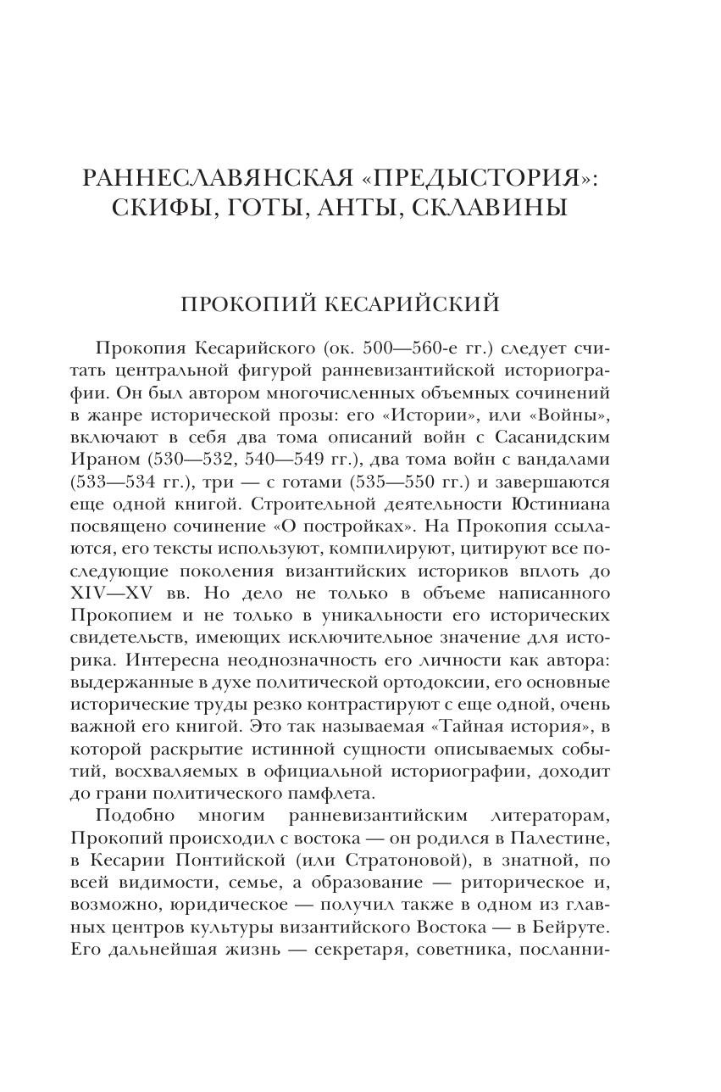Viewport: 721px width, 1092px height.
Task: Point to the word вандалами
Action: click(559, 460)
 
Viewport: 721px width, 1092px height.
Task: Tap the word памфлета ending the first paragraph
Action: click(329, 793)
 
